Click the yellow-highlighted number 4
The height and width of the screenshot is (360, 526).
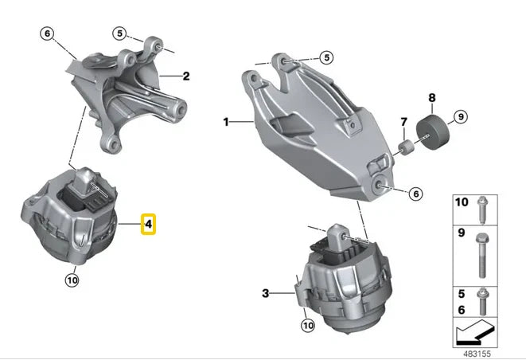(148, 224)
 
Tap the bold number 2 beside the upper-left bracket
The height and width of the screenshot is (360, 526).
(186, 76)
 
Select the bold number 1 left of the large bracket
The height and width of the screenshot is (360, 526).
(226, 122)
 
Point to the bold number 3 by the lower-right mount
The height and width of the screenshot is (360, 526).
(265, 293)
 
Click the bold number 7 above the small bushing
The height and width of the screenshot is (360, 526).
(404, 122)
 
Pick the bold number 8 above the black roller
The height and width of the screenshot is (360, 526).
(432, 98)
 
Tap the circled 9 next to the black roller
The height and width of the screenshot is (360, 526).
(461, 116)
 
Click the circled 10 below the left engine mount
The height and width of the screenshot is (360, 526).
(72, 280)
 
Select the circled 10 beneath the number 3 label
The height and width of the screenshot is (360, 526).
(308, 325)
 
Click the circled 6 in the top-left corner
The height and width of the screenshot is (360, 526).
(47, 33)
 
